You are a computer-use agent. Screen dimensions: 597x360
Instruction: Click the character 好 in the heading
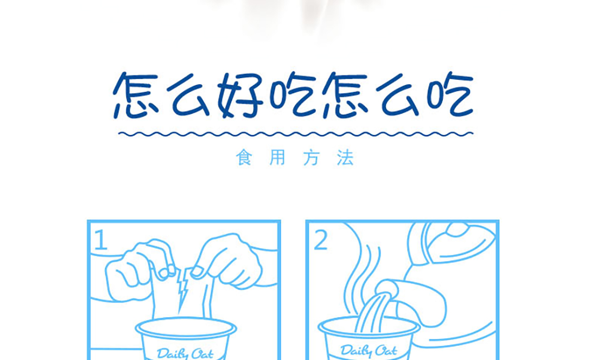[240, 94]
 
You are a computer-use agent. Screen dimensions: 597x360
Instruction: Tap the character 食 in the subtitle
[244, 157]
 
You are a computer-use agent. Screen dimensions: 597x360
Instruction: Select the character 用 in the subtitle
[277, 157]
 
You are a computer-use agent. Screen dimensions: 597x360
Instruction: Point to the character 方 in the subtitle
[311, 157]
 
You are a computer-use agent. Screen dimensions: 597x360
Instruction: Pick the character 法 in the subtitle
[345, 157]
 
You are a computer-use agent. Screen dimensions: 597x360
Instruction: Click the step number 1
[100, 239]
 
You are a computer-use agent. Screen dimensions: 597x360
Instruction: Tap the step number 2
[321, 241]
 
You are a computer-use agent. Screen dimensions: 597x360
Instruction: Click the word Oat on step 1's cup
[202, 353]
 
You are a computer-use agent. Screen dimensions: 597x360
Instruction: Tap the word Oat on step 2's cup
[385, 350]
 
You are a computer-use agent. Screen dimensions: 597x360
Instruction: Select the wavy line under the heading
[295, 134]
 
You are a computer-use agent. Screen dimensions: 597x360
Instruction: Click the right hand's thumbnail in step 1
[198, 271]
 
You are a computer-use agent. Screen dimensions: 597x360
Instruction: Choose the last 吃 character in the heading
[449, 94]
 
